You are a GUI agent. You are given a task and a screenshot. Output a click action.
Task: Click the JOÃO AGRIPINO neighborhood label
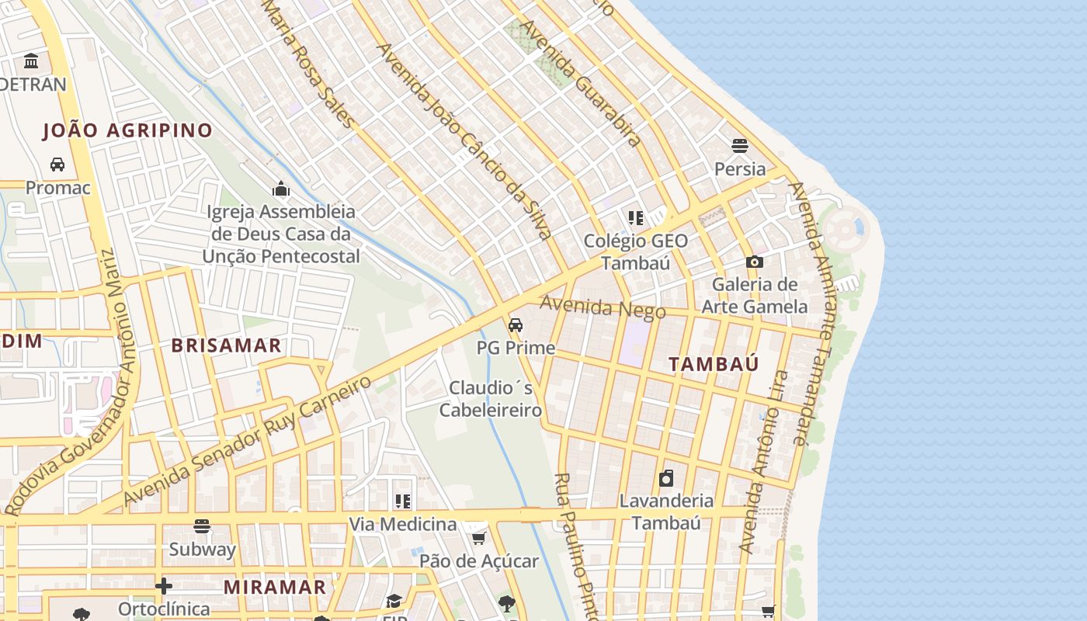pyautogui.click(x=127, y=130)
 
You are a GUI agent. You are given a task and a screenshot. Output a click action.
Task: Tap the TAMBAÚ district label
pyautogui.click(x=714, y=364)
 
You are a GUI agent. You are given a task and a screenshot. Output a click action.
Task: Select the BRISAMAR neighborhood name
pyautogui.click(x=226, y=346)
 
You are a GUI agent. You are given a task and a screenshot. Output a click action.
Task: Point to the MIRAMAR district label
pyautogui.click(x=275, y=588)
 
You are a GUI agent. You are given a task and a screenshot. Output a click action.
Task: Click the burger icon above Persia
pyautogui.click(x=739, y=146)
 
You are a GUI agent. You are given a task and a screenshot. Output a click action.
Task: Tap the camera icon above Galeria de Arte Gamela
pyautogui.click(x=754, y=262)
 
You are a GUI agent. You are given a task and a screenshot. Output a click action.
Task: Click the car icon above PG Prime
pyautogui.click(x=516, y=324)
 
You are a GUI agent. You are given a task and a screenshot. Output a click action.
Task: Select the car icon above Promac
pyautogui.click(x=57, y=165)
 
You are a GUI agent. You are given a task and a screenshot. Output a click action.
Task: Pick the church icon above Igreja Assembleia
pyautogui.click(x=280, y=189)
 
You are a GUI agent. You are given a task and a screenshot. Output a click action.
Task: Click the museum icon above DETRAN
pyautogui.click(x=32, y=61)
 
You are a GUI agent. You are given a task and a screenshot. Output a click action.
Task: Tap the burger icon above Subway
pyautogui.click(x=202, y=527)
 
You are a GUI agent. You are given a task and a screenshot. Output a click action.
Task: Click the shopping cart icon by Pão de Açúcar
pyautogui.click(x=479, y=538)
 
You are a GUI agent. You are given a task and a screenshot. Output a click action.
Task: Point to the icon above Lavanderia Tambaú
pyautogui.click(x=665, y=478)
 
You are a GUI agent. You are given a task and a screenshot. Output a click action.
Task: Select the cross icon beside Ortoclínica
pyautogui.click(x=163, y=585)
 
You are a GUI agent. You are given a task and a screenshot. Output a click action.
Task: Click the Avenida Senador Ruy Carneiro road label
pyautogui.click(x=248, y=440)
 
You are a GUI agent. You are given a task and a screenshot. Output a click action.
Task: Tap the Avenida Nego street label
pyautogui.click(x=603, y=307)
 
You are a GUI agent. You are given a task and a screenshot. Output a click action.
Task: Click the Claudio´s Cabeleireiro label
pyautogui.click(x=491, y=398)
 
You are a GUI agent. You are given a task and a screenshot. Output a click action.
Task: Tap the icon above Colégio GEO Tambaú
pyautogui.click(x=636, y=218)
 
